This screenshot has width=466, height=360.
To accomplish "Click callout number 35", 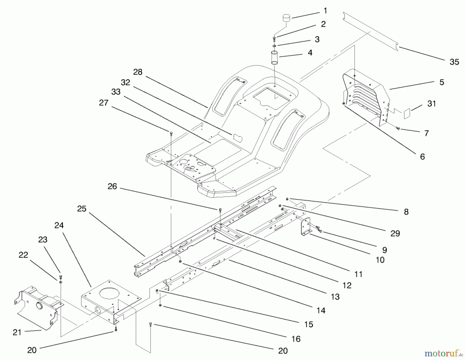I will (454, 62).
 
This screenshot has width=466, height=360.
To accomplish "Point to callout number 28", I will (138, 72).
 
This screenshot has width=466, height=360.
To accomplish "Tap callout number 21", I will (17, 332).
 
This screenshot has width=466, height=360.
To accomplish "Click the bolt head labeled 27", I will (171, 133).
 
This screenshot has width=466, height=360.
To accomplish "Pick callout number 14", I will (321, 310).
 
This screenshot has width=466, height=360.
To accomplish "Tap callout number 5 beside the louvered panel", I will (442, 82).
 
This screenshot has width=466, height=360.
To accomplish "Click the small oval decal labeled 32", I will (237, 137).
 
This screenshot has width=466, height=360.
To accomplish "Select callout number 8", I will (406, 212).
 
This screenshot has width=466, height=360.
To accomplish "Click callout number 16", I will (296, 339).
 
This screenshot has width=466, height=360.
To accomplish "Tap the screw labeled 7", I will (398, 128).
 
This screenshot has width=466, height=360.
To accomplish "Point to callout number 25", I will (82, 209).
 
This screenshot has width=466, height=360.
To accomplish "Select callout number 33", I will (116, 92).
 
